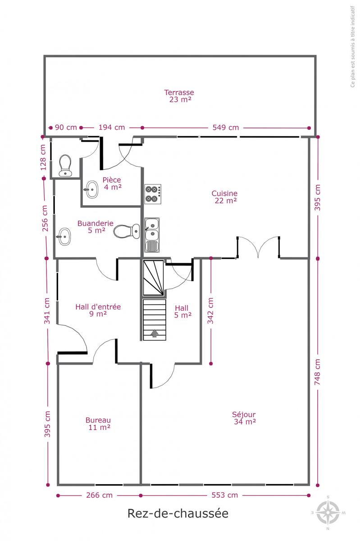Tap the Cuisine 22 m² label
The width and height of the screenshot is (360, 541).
click(224, 197)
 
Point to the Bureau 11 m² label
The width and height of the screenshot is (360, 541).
click(98, 424)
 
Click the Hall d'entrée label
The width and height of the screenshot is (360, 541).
click(98, 307)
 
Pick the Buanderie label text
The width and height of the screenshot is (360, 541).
click(96, 223)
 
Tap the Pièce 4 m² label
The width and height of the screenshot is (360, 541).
click(112, 183)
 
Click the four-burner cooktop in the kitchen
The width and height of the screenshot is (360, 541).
click(153, 194)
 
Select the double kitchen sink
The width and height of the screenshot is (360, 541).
click(152, 235)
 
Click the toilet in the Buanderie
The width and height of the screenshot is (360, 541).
click(127, 231)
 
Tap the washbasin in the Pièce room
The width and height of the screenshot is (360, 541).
click(91, 190)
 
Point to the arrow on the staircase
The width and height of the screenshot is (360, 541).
click(155, 333)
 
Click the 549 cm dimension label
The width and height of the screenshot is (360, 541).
click(226, 128)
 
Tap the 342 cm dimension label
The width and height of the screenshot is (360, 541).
click(210, 311)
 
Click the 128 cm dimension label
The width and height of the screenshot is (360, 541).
click(43, 157)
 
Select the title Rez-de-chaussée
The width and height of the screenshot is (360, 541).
click(178, 513)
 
